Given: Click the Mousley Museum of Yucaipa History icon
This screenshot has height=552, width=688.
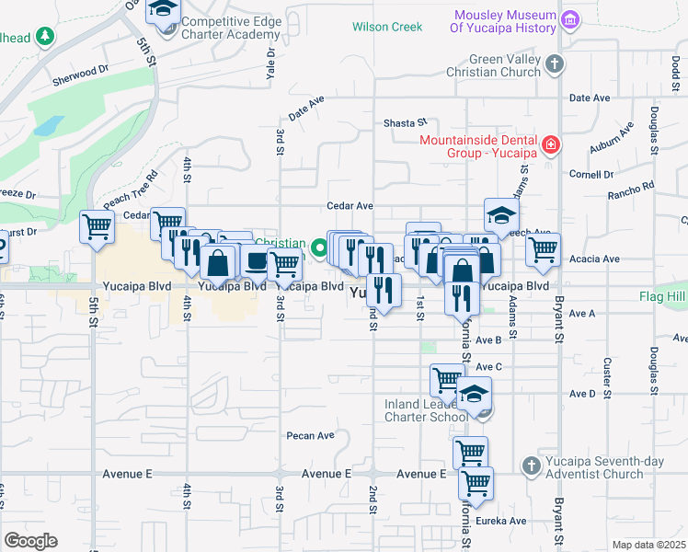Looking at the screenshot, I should (x=570, y=18).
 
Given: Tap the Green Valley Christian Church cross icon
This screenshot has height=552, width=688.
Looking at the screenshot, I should (x=553, y=63).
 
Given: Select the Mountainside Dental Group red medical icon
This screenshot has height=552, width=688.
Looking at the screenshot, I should (x=550, y=145).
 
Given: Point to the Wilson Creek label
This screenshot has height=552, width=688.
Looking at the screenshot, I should (x=387, y=27).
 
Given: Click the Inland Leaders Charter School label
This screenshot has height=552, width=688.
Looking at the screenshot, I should (x=426, y=410).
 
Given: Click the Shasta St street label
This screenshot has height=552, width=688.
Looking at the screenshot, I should (x=406, y=122).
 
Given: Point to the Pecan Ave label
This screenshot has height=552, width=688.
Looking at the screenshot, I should (x=309, y=435).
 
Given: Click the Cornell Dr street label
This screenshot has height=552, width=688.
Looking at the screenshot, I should (x=591, y=174).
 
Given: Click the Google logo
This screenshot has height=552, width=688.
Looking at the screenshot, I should (x=30, y=541).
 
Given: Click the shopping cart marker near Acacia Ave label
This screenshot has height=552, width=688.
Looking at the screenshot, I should (x=544, y=247).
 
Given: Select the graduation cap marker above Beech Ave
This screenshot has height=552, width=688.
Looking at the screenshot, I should (x=501, y=215).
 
